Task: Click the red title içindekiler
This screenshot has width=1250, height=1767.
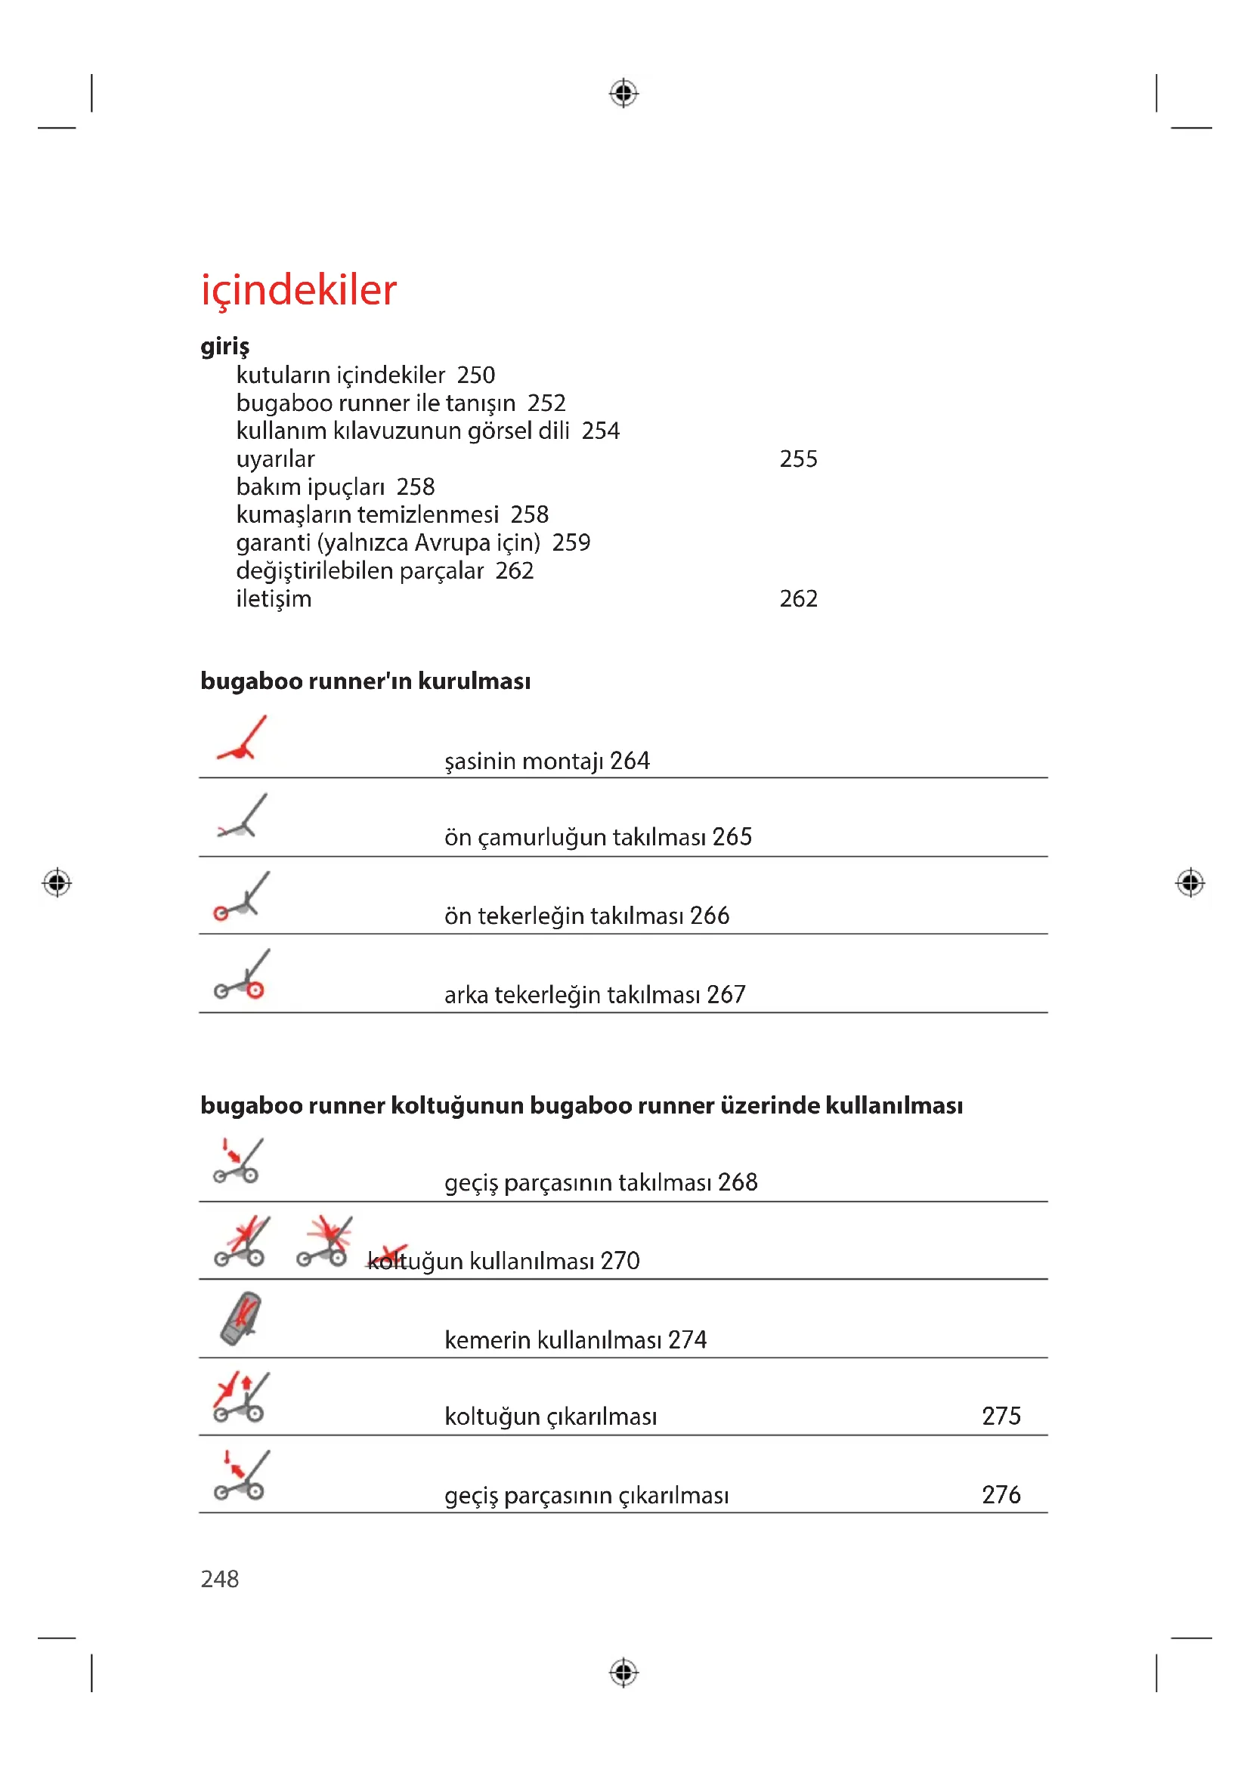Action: pyautogui.click(x=299, y=290)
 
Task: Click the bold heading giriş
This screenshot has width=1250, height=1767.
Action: pyautogui.click(x=224, y=345)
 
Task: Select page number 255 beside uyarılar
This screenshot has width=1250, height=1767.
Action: pyautogui.click(x=798, y=459)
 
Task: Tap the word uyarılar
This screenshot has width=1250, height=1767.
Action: pyautogui.click(x=275, y=459)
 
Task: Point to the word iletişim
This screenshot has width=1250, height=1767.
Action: pyautogui.click(x=274, y=598)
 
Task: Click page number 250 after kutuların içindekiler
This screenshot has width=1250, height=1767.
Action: pyautogui.click(x=475, y=375)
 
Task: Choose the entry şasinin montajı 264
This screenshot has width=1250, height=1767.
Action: pyautogui.click(x=546, y=761)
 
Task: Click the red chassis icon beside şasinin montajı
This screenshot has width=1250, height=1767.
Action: pyautogui.click(x=243, y=739)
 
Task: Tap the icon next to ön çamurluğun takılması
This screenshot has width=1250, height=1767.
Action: pyautogui.click(x=243, y=817)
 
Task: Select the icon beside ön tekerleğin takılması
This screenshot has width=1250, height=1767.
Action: pyautogui.click(x=242, y=896)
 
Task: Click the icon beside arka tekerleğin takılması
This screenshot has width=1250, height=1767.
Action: pyautogui.click(x=242, y=975)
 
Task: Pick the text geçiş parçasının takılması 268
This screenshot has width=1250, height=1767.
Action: pyautogui.click(x=600, y=1182)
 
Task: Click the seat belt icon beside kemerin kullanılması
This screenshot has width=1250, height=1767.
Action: pyautogui.click(x=241, y=1318)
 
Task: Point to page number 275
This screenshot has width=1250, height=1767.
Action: pyautogui.click(x=1001, y=1415)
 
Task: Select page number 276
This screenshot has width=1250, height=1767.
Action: pyautogui.click(x=1001, y=1494)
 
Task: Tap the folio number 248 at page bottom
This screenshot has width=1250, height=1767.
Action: pyautogui.click(x=219, y=1578)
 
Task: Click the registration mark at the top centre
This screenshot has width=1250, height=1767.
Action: pyautogui.click(x=623, y=94)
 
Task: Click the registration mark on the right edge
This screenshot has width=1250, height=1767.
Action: pyautogui.click(x=1190, y=882)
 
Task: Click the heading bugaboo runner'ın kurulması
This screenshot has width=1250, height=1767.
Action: pyautogui.click(x=365, y=681)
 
